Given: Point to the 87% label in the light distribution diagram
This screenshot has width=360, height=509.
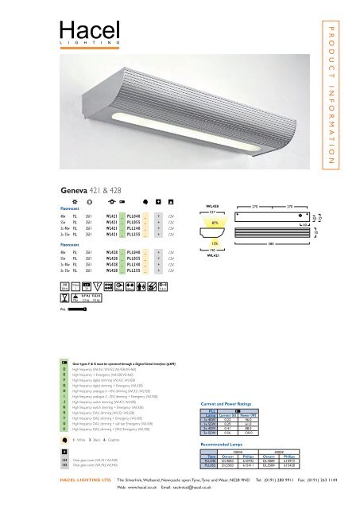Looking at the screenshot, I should tap(215, 223).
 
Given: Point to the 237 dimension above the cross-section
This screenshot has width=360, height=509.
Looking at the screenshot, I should tap(212, 212).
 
